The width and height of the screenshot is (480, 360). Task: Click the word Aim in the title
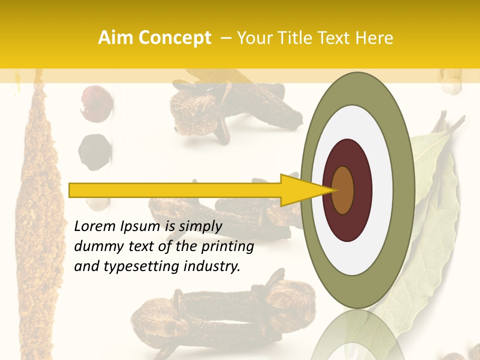click(116, 38)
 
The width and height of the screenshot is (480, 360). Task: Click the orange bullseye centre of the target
click(343, 190)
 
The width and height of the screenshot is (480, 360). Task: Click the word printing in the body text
click(227, 247)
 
